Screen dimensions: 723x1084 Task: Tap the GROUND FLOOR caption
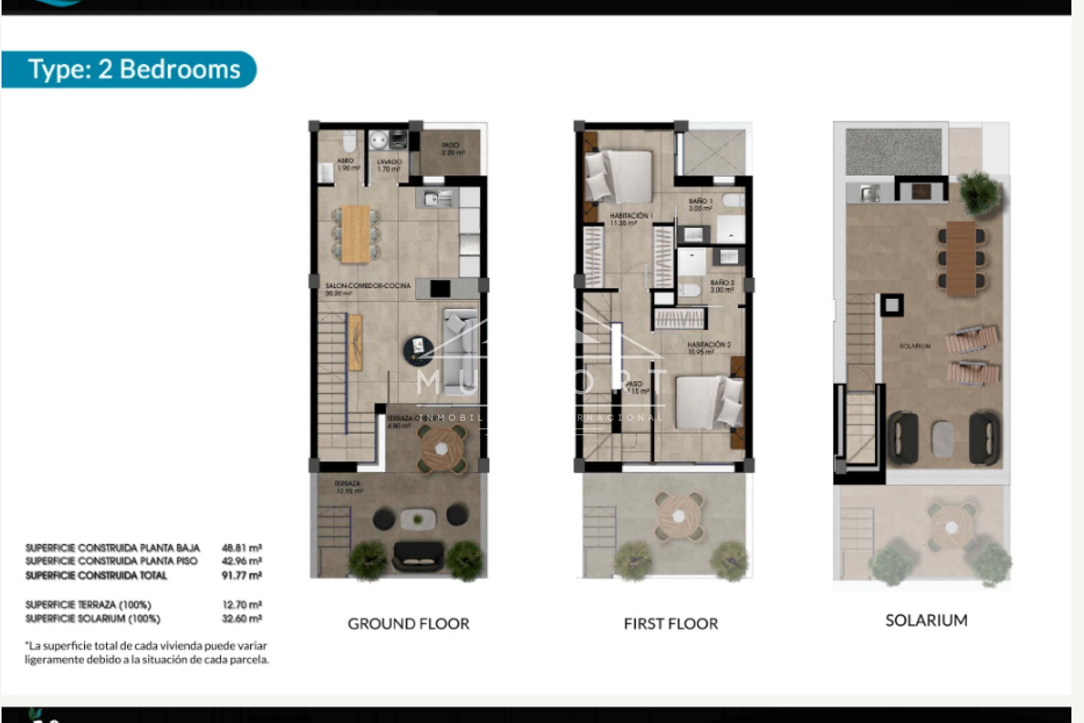tap(408, 624)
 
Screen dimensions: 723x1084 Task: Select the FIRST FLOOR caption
tap(671, 624)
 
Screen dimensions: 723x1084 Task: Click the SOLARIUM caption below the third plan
tap(926, 620)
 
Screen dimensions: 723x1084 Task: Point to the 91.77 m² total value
tap(242, 576)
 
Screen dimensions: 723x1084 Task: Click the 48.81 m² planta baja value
tap(242, 548)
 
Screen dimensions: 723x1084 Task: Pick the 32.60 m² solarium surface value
tap(242, 619)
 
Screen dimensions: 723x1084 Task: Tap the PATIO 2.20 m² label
tap(452, 149)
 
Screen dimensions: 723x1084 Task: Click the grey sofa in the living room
tap(460, 350)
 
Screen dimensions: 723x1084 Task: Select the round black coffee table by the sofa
tap(418, 349)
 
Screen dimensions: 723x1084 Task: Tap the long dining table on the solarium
tap(960, 258)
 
